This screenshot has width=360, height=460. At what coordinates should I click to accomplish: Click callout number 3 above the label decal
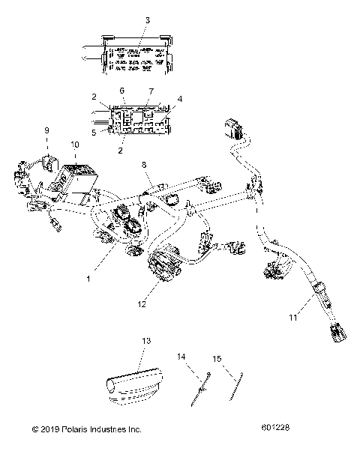[x=146, y=20]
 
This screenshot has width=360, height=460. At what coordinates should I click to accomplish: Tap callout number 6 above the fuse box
[x=121, y=91]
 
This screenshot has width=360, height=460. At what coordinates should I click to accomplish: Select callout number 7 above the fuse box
[x=150, y=91]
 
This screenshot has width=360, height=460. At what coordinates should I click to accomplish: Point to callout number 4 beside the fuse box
[x=179, y=97]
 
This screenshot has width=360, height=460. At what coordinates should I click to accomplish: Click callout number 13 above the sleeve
[x=146, y=341]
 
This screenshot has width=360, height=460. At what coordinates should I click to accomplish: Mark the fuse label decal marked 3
[x=132, y=58]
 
